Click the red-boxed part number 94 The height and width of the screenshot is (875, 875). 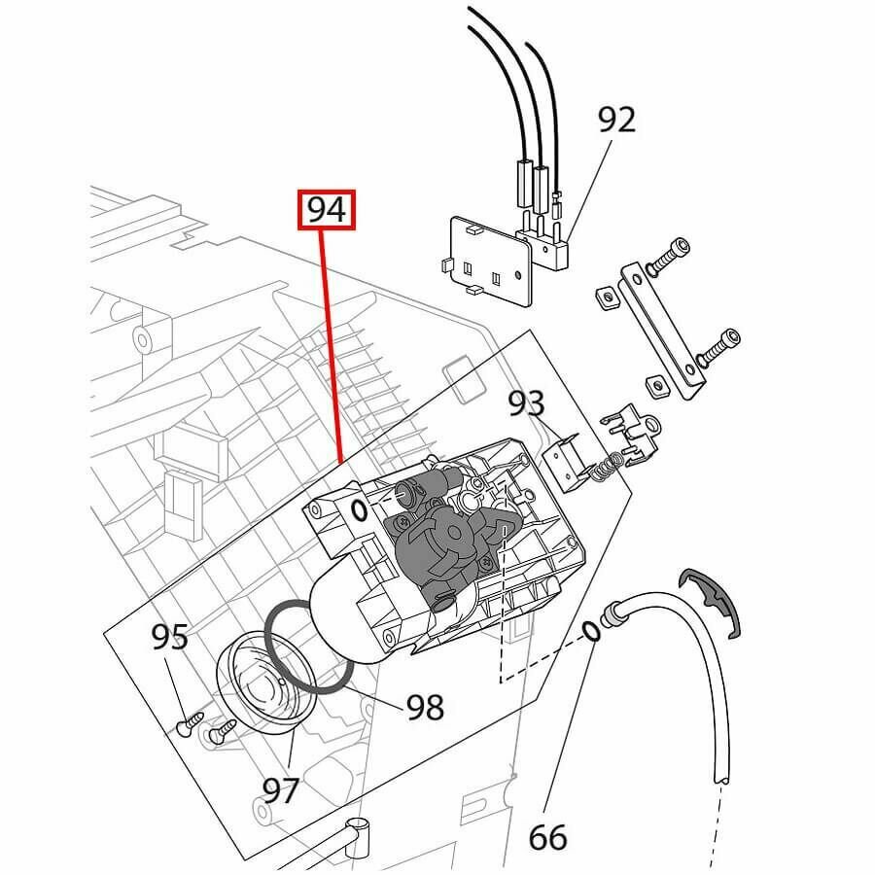pos(328,211)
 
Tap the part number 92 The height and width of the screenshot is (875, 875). pos(615,120)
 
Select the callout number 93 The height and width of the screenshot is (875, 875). pos(526,402)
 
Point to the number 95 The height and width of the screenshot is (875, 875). pos(169,638)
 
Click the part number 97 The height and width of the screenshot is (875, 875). pos(281,789)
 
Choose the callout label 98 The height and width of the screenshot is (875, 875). pos(425,707)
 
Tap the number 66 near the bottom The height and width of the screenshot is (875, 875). pos(548,835)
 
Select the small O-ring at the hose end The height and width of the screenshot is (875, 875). pos(591,633)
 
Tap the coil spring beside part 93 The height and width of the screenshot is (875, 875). pos(605,466)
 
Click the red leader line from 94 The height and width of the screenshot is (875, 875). pos(332,340)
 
